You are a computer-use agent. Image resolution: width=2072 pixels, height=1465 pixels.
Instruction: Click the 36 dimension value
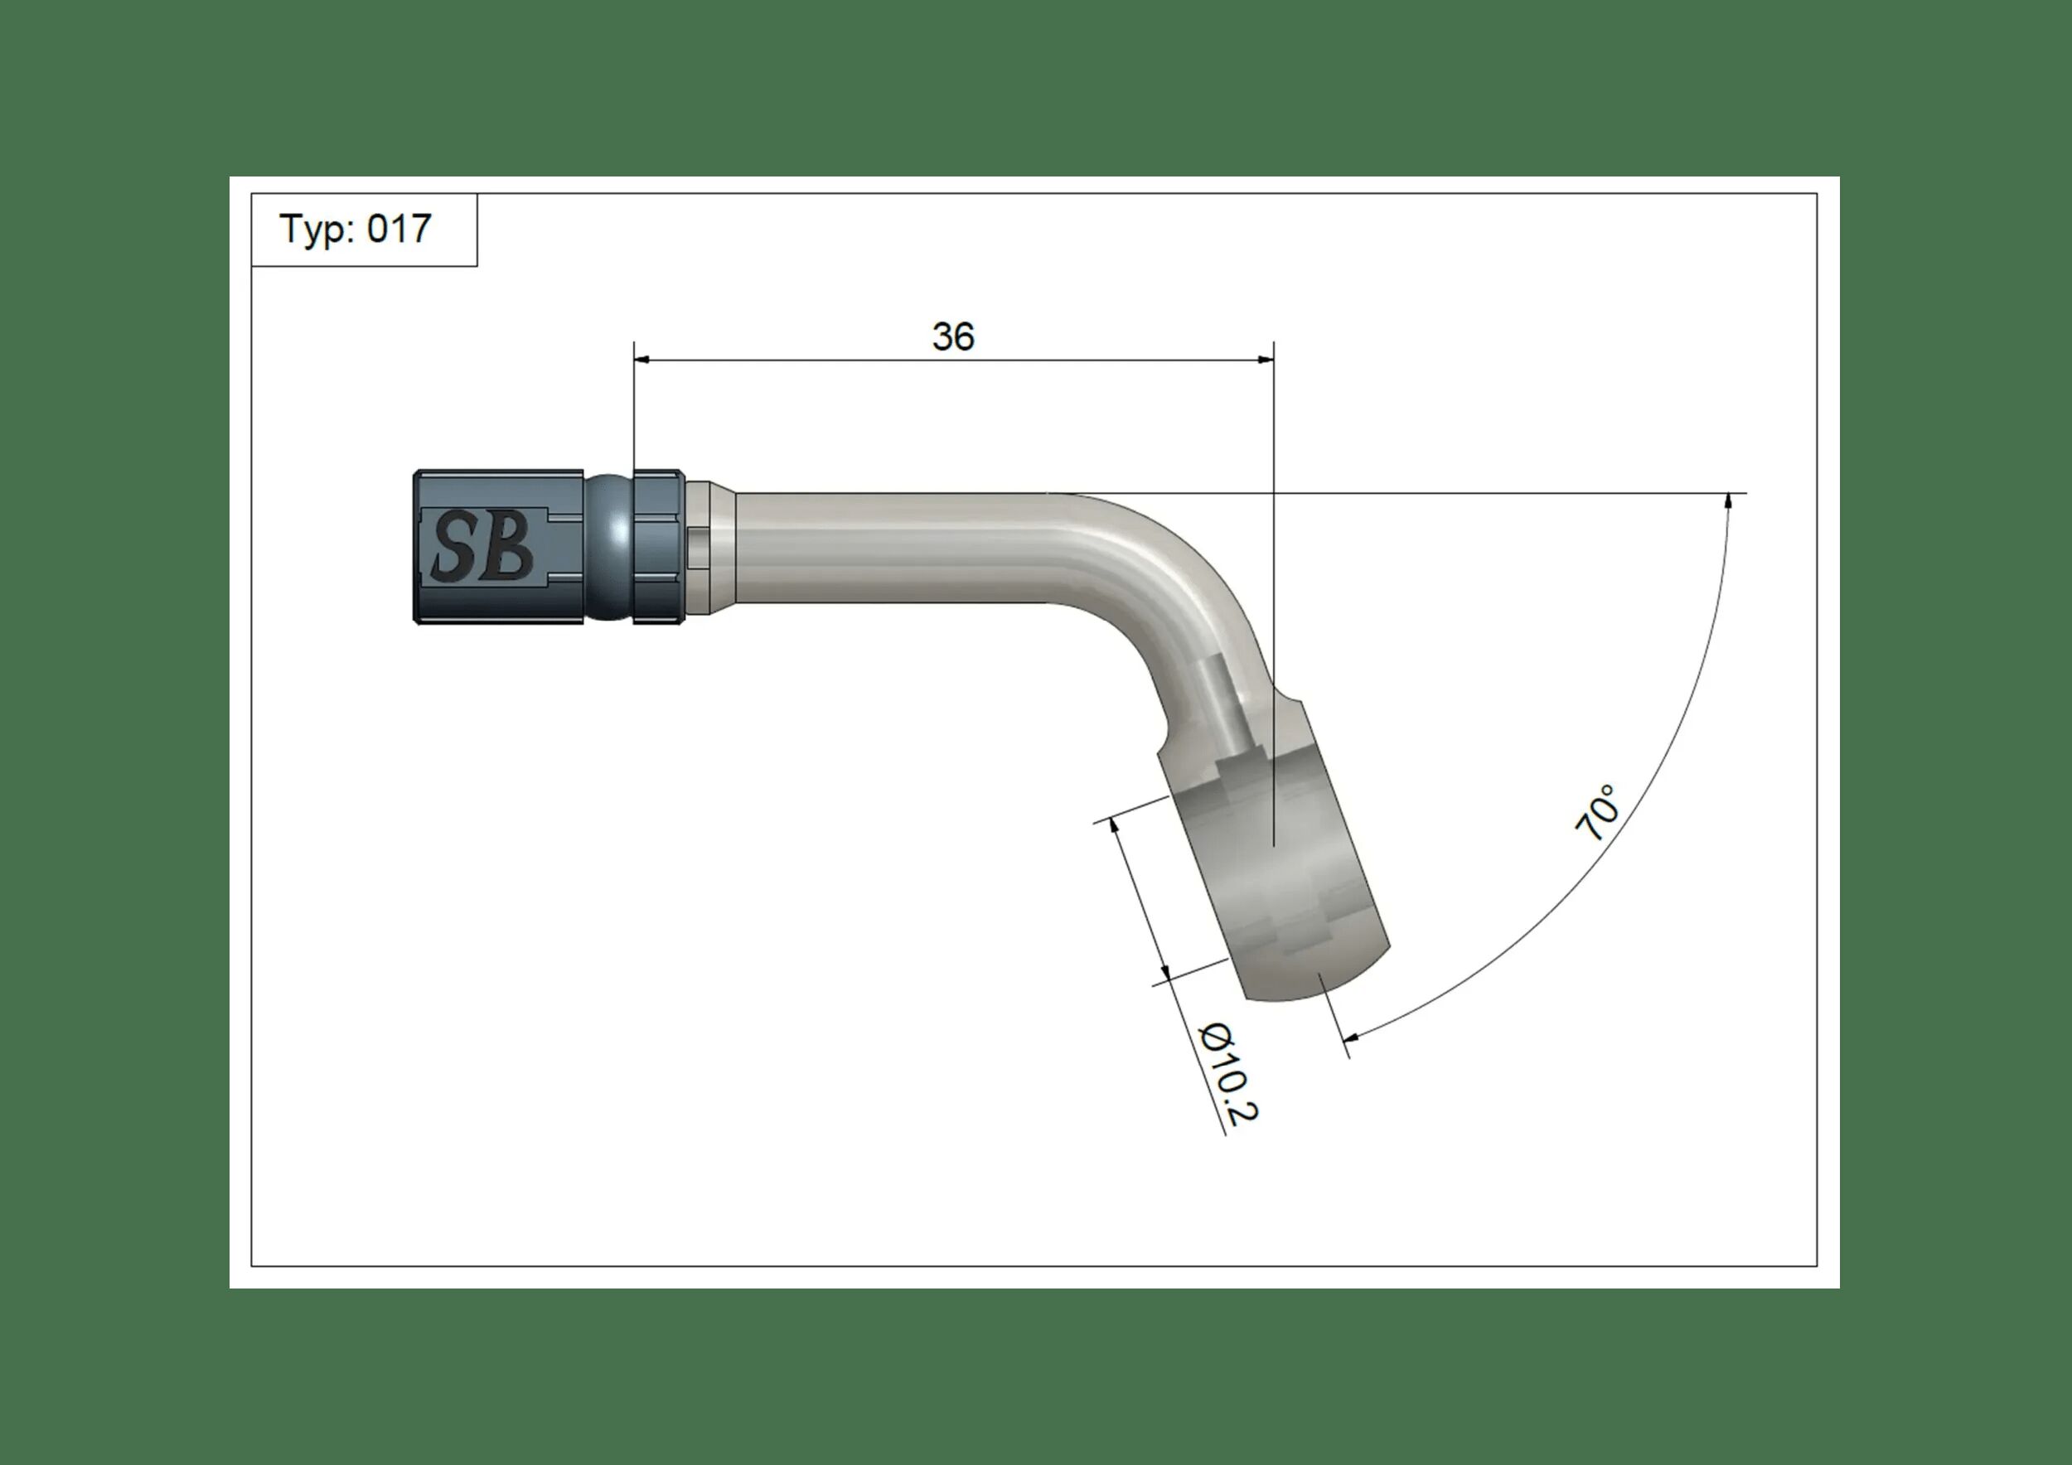click(953, 336)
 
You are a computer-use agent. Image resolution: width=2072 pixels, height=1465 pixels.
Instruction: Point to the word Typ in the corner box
click(316, 230)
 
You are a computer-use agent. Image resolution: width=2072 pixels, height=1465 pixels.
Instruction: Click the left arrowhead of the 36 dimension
click(641, 360)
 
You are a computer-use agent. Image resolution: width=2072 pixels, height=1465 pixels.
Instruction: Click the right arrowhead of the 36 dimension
click(1266, 360)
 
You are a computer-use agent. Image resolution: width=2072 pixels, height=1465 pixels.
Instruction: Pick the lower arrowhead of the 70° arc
click(1350, 1038)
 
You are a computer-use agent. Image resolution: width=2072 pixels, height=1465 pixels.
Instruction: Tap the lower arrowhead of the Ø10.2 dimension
click(1166, 973)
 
